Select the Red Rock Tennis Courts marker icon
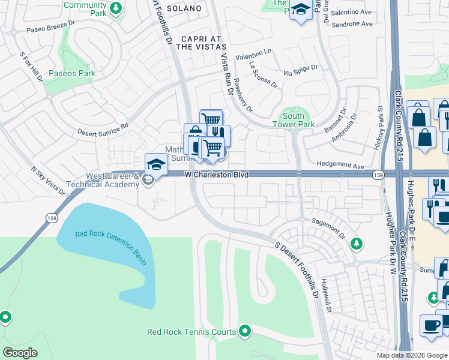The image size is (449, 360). click(x=245, y=331)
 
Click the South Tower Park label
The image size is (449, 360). click(x=298, y=120)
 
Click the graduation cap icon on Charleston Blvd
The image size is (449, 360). click(x=155, y=164)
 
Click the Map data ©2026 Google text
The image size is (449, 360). click(x=411, y=355)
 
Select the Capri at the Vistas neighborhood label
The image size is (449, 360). click(x=195, y=46)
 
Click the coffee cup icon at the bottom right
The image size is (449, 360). click(x=430, y=325)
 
